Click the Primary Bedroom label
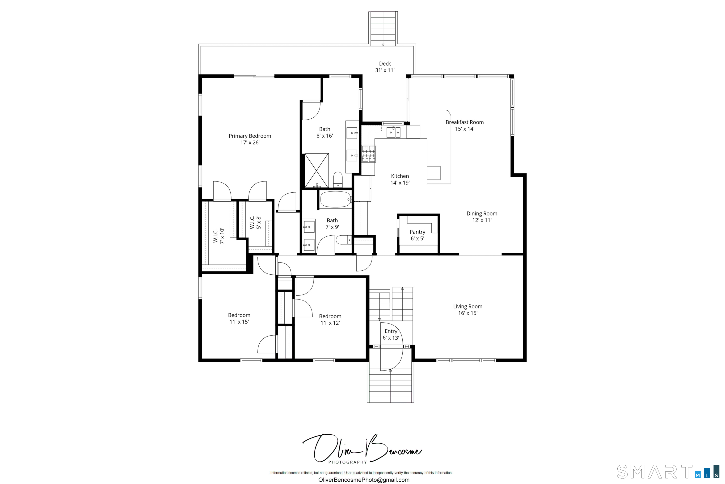tap(250, 136)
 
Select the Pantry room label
tap(417, 232)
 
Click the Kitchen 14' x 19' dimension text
tap(400, 183)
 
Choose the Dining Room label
tap(481, 214)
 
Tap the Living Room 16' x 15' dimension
tap(468, 313)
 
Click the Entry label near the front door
tap(391, 331)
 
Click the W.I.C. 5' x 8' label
tap(255, 222)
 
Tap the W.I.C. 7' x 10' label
tap(219, 236)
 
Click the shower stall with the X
tap(316, 170)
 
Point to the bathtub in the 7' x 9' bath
tap(335, 199)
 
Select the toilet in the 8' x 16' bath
tap(338, 180)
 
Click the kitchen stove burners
tap(369, 154)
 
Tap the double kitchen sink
tap(393, 132)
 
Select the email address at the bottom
tap(364, 480)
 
